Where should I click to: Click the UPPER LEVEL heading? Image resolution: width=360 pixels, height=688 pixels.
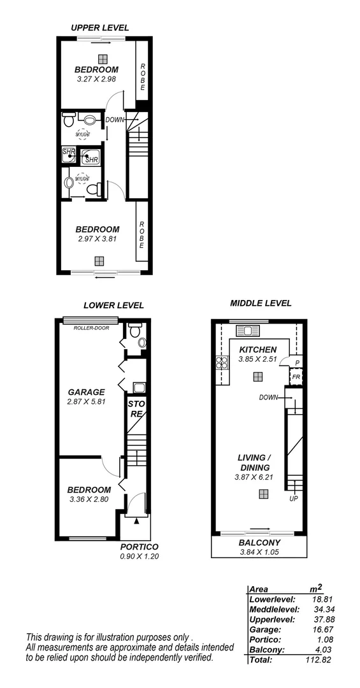click(100, 27)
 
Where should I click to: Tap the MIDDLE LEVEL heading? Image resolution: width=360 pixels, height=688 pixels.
click(261, 303)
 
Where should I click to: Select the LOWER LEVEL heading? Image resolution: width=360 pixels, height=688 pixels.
click(113, 305)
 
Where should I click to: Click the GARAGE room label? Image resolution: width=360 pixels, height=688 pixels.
click(87, 392)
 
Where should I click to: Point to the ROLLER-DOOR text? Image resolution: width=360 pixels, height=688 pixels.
click(90, 329)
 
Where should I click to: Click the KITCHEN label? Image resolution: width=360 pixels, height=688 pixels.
click(257, 350)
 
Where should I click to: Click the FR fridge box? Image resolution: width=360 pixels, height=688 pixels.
click(296, 377)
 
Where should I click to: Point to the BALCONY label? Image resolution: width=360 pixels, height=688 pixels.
click(257, 543)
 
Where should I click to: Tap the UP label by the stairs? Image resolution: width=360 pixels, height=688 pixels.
click(294, 499)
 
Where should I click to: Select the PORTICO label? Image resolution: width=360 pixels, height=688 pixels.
click(139, 547)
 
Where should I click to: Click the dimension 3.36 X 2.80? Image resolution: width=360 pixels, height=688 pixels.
click(89, 499)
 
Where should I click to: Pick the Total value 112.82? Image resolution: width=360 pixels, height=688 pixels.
click(321, 659)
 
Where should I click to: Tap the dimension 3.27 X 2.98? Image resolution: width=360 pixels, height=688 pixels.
click(97, 79)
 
